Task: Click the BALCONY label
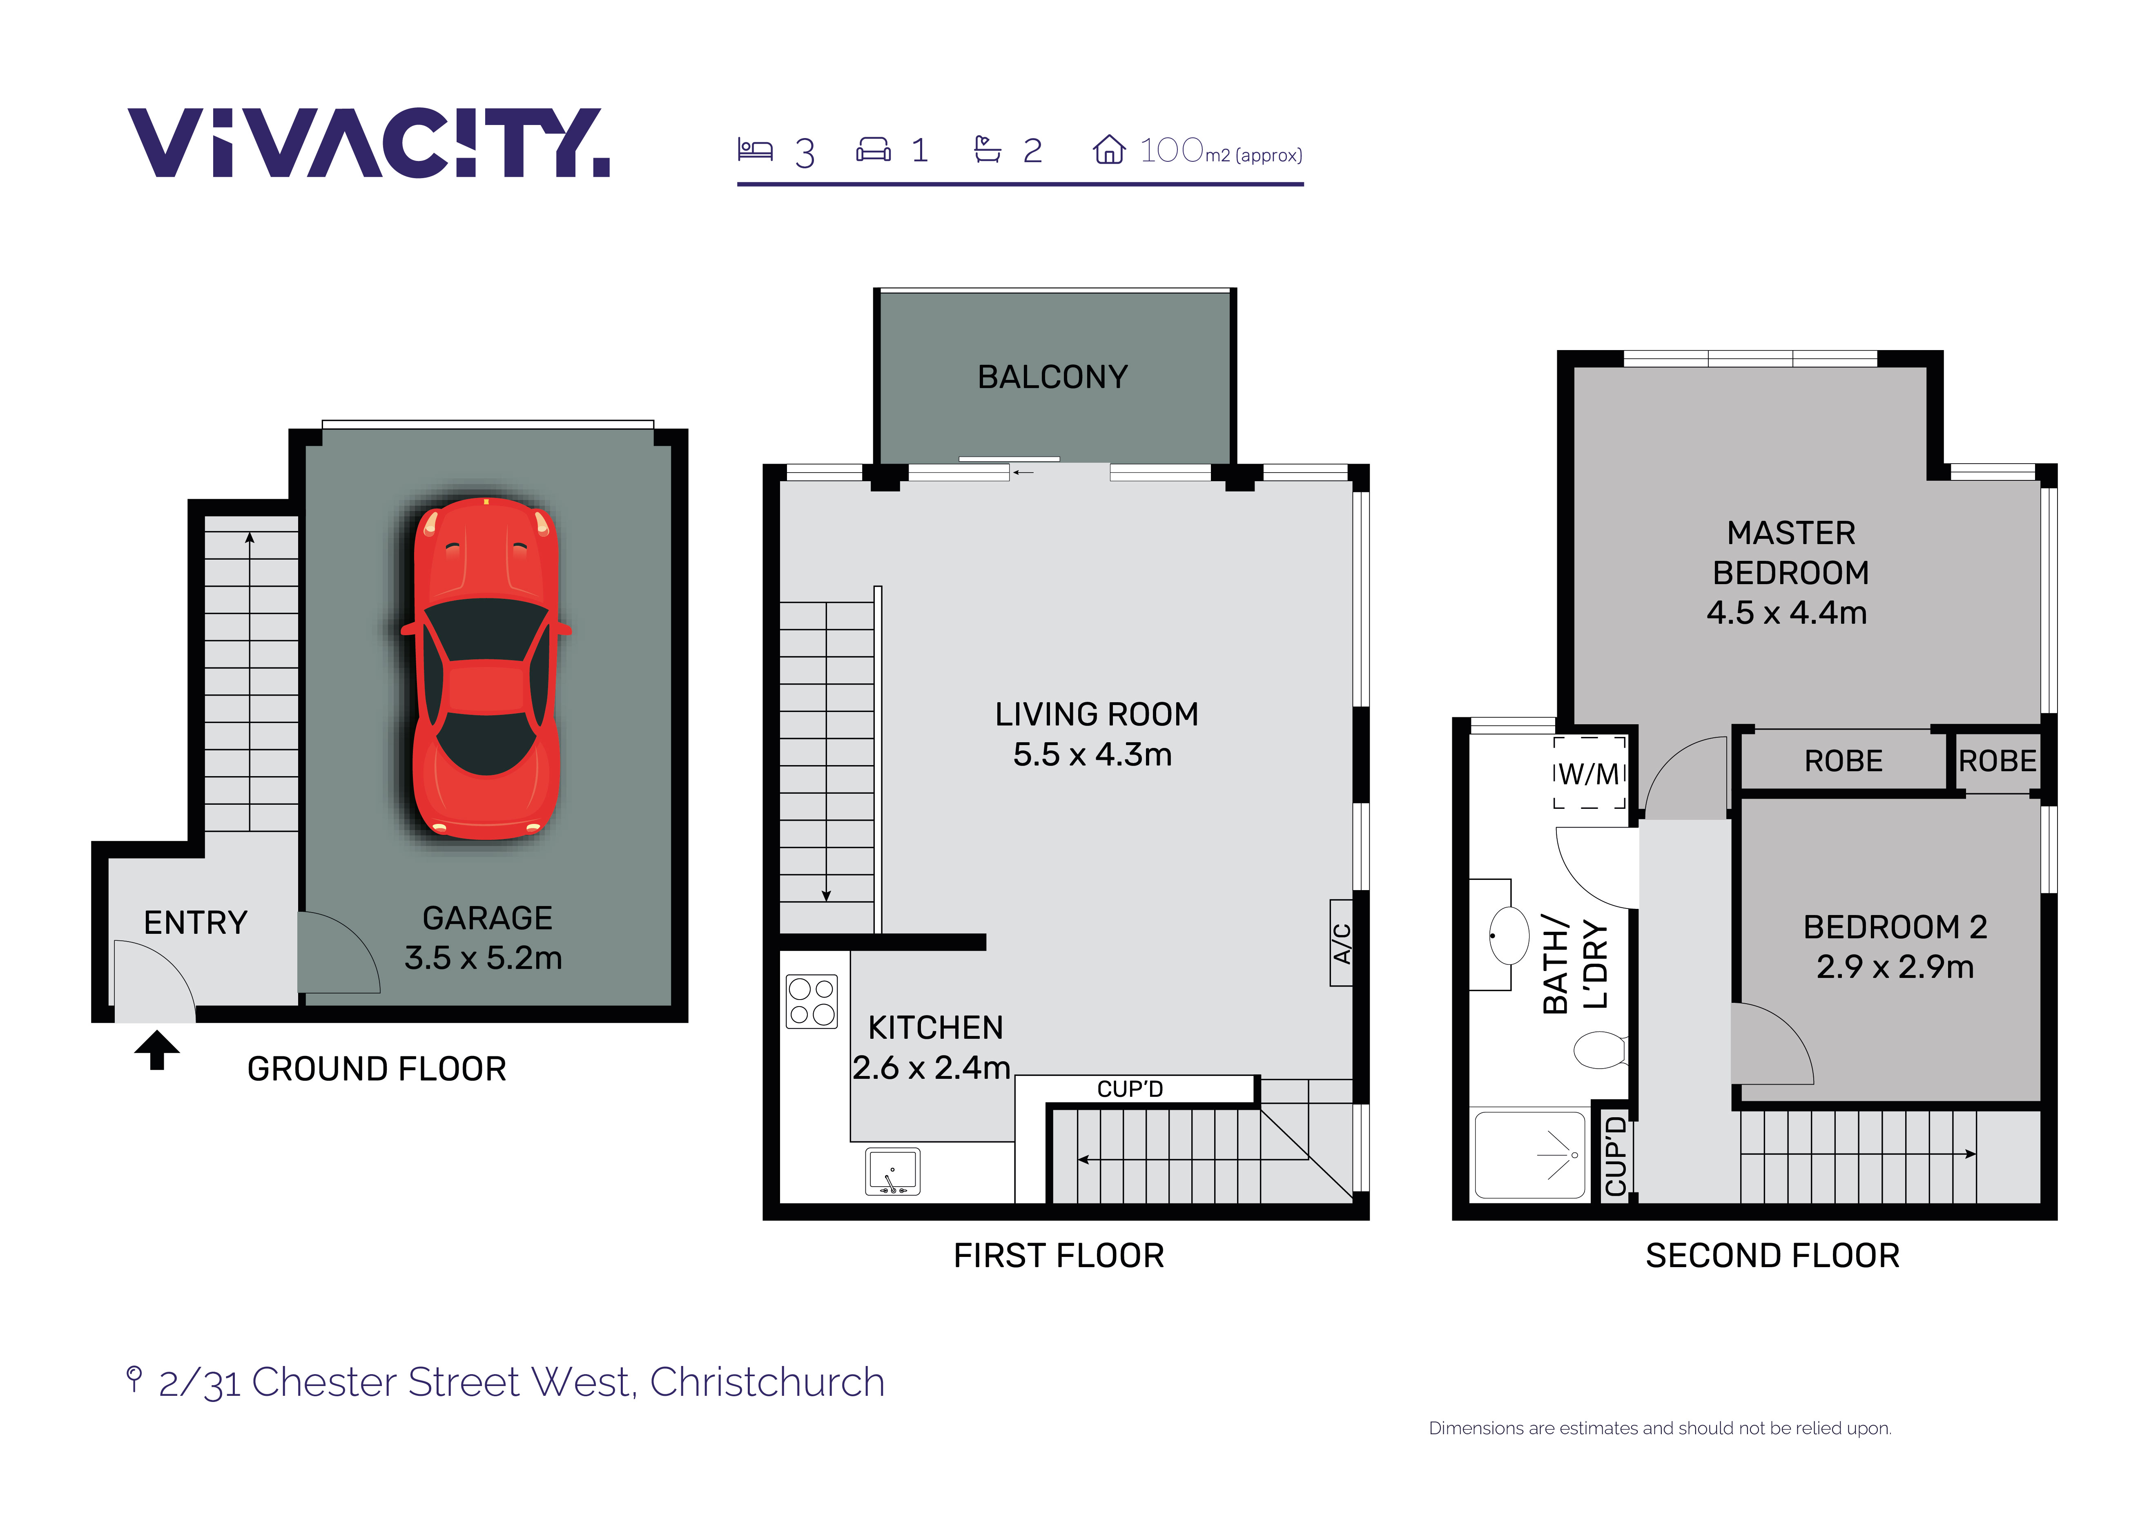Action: point(1053,377)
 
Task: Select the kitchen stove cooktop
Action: point(811,1002)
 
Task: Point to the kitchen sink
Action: point(893,1171)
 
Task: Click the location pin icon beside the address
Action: point(134,1379)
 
